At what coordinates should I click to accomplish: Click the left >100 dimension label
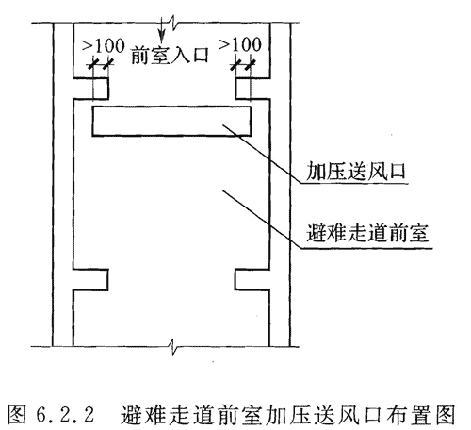coord(104,46)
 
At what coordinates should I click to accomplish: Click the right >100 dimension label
coord(240,44)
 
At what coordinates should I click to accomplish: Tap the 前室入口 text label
coord(170,55)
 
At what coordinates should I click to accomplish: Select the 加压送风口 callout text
coord(355,172)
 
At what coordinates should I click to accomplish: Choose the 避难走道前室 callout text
coord(367,233)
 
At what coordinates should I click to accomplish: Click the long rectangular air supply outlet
coord(171,122)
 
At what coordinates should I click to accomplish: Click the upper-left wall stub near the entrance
coord(91,89)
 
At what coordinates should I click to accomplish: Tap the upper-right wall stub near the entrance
coord(252,89)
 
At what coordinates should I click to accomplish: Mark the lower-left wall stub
coord(90,279)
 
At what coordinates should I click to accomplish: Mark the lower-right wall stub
coord(252,279)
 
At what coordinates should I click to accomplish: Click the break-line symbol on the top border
coord(173,23)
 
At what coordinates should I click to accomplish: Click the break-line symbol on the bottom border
coord(173,347)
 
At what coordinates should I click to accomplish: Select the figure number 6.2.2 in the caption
coord(65,415)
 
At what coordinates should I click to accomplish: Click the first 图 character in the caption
coord(16,415)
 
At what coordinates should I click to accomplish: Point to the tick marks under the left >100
coord(101,65)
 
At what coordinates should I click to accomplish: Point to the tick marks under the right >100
coord(243,65)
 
